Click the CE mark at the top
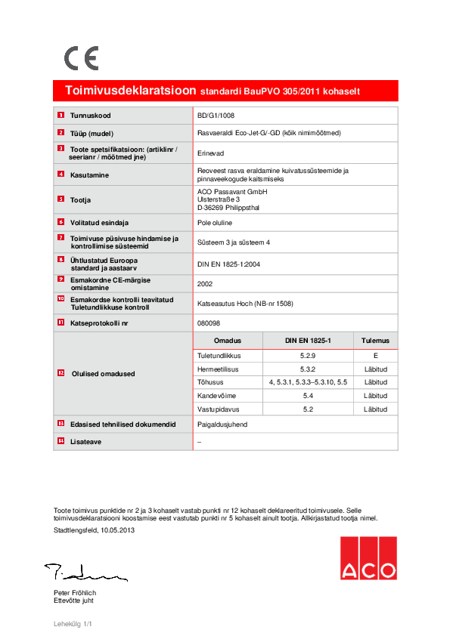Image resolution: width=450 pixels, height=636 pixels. point(81,58)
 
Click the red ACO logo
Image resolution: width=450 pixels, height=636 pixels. point(368,558)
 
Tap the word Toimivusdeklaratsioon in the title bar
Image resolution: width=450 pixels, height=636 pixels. point(131,91)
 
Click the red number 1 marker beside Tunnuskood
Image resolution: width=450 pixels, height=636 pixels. point(61,116)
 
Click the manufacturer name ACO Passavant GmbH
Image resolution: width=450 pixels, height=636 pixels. point(227,192)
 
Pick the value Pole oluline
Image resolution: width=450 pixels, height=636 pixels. point(214,223)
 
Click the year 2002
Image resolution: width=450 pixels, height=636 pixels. point(204,284)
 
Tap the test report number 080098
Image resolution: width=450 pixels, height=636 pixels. point(207,322)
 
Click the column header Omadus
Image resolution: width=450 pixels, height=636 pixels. point(227,341)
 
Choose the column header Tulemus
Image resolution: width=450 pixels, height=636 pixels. point(375,341)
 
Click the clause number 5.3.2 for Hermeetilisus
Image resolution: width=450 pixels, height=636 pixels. point(307,369)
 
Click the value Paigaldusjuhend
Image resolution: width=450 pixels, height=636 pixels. point(222,425)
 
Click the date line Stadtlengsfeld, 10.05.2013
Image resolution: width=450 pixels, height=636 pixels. point(95,531)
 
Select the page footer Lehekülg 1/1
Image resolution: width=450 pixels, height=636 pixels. point(73,625)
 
